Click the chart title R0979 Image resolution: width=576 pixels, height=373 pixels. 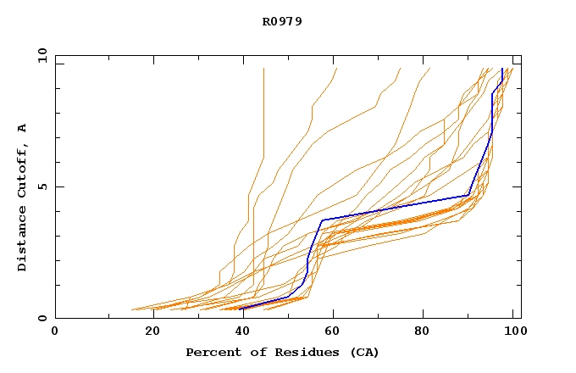point(282,21)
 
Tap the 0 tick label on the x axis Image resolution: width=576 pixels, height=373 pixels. point(55,332)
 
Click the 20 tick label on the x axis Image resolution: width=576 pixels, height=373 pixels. point(153,332)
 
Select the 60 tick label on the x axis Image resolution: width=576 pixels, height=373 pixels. point(336,332)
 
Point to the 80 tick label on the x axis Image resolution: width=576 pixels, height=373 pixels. point(428,332)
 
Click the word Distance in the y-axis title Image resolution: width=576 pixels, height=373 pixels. point(23,242)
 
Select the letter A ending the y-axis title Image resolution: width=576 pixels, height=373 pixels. point(23,128)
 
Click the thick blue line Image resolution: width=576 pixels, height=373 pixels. point(398,207)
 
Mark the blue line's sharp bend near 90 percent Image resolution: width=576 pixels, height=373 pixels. point(468,195)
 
